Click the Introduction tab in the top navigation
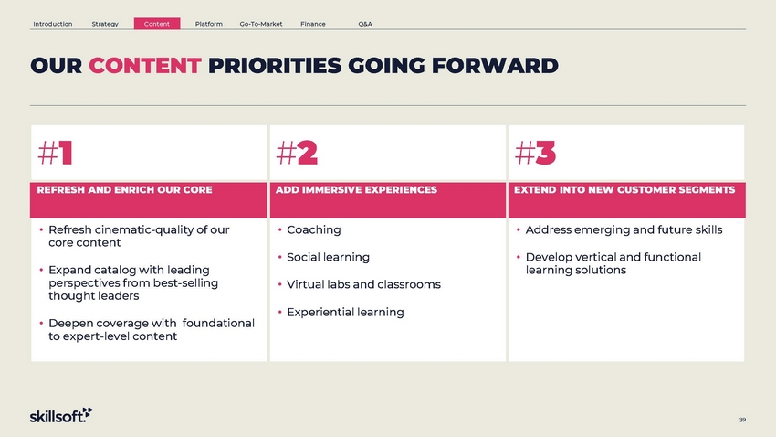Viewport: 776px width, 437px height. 52,24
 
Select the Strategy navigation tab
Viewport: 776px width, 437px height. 105,24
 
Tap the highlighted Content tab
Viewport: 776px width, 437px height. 157,24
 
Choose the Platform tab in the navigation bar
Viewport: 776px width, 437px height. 209,24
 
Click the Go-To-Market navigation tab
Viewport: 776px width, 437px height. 261,24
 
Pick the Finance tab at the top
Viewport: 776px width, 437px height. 313,24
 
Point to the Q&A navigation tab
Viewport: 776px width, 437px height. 365,24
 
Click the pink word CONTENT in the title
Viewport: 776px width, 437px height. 145,66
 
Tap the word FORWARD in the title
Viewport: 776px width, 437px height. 495,66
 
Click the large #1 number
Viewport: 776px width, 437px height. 56,153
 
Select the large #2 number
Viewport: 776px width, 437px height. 297,153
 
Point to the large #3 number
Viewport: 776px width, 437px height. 535,153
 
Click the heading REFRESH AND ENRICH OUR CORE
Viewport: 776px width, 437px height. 125,190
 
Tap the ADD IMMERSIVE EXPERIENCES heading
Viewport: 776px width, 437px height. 356,190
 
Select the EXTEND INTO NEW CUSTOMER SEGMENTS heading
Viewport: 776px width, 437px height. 624,190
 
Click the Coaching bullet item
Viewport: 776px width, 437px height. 314,229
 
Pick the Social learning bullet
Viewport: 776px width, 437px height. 328,257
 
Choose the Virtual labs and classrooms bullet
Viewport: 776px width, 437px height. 363,284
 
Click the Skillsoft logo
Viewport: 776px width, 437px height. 61,415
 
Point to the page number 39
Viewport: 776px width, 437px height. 742,420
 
